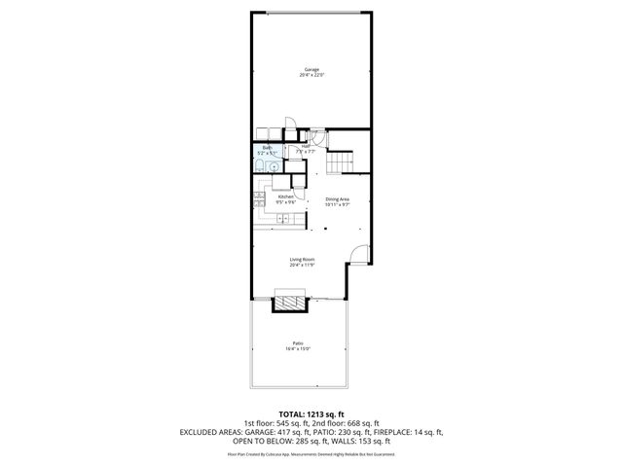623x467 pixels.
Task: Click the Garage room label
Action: pyautogui.click(x=311, y=70)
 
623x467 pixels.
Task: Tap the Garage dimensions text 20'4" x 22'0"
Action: pyautogui.click(x=311, y=76)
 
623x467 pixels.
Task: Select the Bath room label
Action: pyautogui.click(x=267, y=148)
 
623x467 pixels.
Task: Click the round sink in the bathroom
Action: pyautogui.click(x=275, y=165)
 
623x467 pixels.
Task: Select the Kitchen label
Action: pyautogui.click(x=286, y=197)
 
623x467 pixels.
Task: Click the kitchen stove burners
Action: pyautogui.click(x=259, y=198)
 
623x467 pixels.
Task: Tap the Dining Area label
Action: pyautogui.click(x=337, y=199)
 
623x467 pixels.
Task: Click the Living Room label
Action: pyautogui.click(x=301, y=259)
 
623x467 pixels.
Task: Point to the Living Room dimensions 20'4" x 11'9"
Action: pyautogui.click(x=301, y=265)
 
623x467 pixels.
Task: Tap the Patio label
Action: pyautogui.click(x=298, y=342)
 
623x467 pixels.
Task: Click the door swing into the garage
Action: pyautogui.click(x=290, y=126)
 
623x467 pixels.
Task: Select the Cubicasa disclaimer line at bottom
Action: pyautogui.click(x=311, y=453)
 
